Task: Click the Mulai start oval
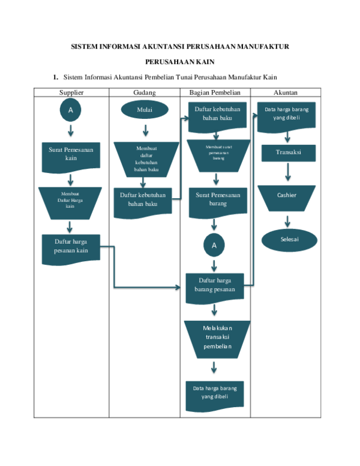coord(144,110)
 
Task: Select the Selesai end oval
coord(289,240)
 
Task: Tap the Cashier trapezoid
coord(287,198)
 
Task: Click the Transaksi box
coord(288,153)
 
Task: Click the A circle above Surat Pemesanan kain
coord(70,110)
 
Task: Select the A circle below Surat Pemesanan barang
coord(214,245)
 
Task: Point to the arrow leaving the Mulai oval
coord(145,129)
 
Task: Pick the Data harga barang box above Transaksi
coord(286,114)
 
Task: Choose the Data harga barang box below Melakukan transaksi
coord(215,393)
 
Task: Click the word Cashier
coord(287,196)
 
